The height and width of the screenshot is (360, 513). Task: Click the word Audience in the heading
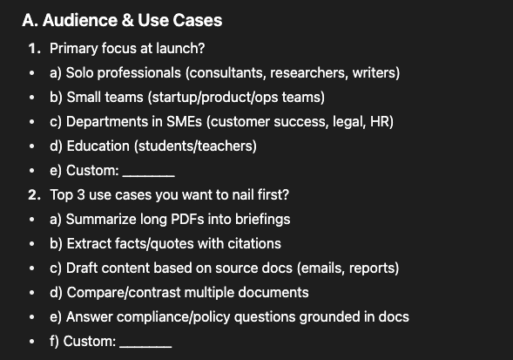80,20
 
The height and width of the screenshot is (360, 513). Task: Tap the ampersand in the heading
128,20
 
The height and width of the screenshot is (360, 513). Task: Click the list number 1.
34,49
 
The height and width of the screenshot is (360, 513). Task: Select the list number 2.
34,195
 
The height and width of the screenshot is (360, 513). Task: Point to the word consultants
226,72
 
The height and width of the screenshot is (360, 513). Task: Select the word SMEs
184,121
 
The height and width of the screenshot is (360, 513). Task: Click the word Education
98,146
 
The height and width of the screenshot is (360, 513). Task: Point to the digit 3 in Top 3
81,195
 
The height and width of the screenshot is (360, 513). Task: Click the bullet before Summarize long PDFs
31,220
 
